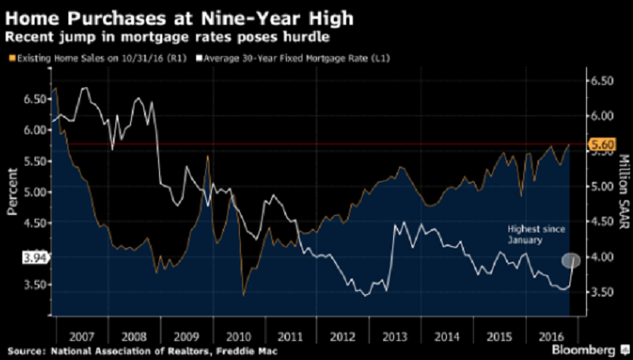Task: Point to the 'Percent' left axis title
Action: [x=12, y=191]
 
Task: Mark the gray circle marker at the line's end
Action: [x=571, y=260]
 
